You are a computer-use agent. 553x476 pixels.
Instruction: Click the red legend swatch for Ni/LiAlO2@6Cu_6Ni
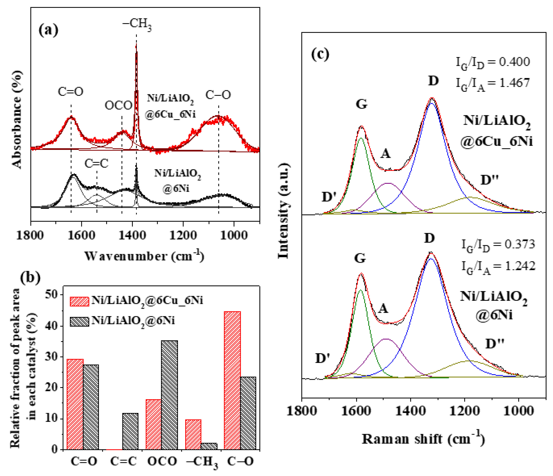(x=79, y=301)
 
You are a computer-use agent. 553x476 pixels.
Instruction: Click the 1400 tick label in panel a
(x=133, y=236)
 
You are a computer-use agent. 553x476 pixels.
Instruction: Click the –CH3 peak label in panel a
(x=137, y=25)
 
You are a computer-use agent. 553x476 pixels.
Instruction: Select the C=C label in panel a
(x=96, y=164)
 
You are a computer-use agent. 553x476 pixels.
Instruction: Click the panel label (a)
(x=49, y=30)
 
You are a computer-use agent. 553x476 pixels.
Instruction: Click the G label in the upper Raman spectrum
(x=362, y=104)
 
